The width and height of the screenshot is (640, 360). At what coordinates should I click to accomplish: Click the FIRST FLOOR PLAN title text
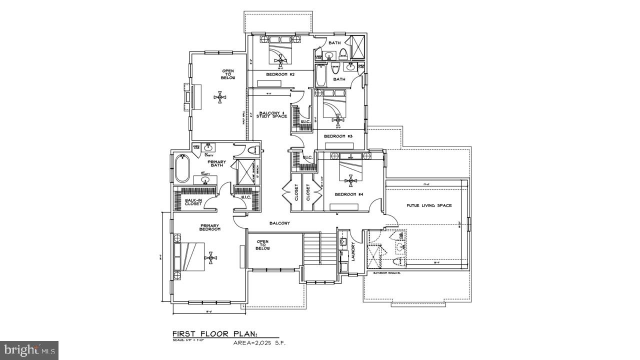coord(215,334)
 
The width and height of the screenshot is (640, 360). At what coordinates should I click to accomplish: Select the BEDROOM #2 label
coord(280,74)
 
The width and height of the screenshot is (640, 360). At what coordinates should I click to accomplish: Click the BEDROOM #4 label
coord(348,194)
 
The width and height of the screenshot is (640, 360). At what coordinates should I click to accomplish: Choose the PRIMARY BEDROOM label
coord(210,227)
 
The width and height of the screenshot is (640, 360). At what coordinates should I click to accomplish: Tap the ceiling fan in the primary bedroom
coord(211,258)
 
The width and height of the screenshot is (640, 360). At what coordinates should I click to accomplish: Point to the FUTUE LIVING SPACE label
coord(429,205)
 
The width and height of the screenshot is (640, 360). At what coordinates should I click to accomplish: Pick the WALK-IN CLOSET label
coord(193,202)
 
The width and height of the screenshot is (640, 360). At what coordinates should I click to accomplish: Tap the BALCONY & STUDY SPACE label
coord(272,114)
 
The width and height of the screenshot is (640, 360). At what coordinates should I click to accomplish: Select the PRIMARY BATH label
coord(217,163)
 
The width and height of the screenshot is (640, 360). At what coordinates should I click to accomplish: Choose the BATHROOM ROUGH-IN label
coord(388,273)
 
